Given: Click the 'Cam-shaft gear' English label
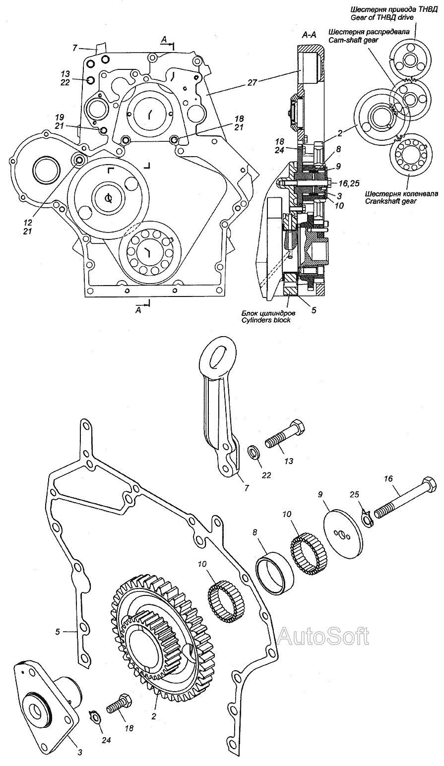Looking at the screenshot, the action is [x=350, y=40].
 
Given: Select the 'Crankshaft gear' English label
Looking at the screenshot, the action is [x=390, y=201].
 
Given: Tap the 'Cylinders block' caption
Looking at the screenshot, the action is [x=266, y=320].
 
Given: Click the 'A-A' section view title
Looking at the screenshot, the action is [x=309, y=35].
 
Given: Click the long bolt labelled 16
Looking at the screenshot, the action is [x=405, y=500].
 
